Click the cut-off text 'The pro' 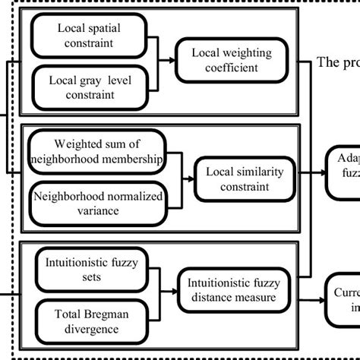[337, 62]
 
